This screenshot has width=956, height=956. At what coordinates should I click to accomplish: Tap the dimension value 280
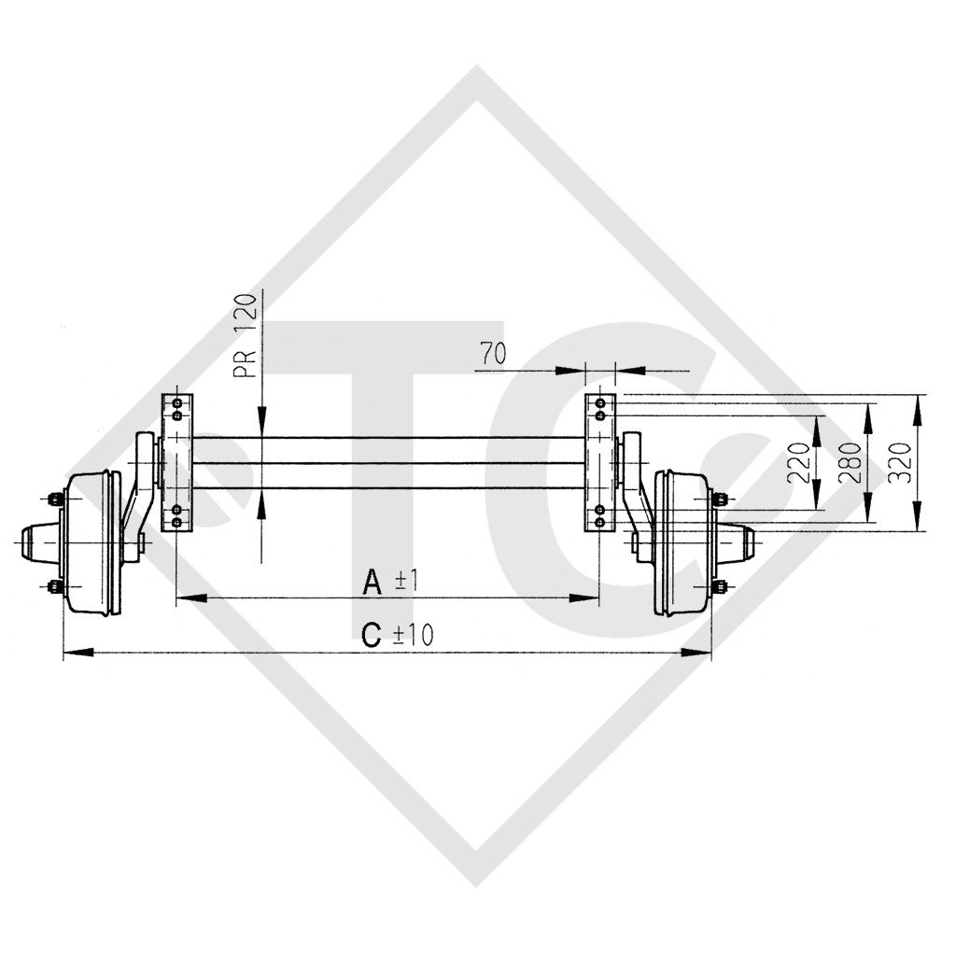(x=851, y=462)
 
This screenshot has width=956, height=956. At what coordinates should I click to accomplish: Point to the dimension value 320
(x=902, y=462)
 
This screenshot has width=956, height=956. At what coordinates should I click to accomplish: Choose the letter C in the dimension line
(x=372, y=636)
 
